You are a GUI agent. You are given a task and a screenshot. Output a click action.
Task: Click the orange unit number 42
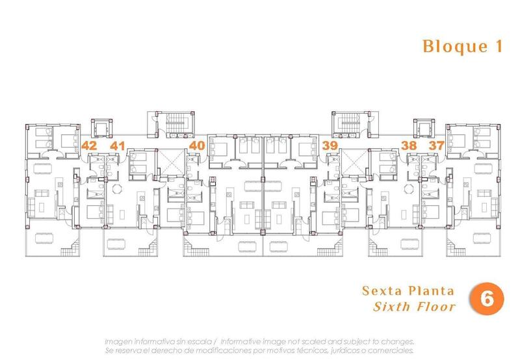pyautogui.click(x=89, y=146)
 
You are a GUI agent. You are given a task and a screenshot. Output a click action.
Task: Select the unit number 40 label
pyautogui.click(x=197, y=146)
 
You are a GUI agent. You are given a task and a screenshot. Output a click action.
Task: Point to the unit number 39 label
pyautogui.click(x=330, y=146)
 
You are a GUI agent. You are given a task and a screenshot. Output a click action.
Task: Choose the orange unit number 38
pyautogui.click(x=409, y=146)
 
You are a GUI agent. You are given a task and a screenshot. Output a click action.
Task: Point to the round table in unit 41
pyautogui.click(x=118, y=190)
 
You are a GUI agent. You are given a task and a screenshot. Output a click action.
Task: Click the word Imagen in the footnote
pyautogui.click(x=119, y=341)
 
